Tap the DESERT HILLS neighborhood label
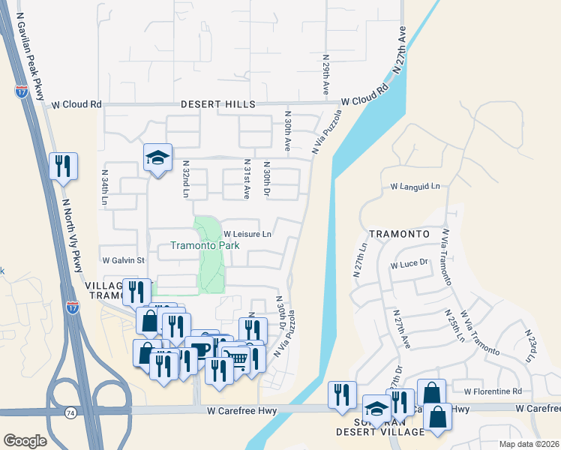[218, 105]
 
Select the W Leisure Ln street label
[247, 234]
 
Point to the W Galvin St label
[123, 260]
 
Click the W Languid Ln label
[415, 186]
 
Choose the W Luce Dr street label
[409, 265]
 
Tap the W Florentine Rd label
[492, 391]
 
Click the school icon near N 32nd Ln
[158, 157]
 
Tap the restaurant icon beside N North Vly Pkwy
[63, 164]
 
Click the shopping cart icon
[237, 358]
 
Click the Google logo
[25, 441]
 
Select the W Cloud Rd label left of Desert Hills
[76, 105]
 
